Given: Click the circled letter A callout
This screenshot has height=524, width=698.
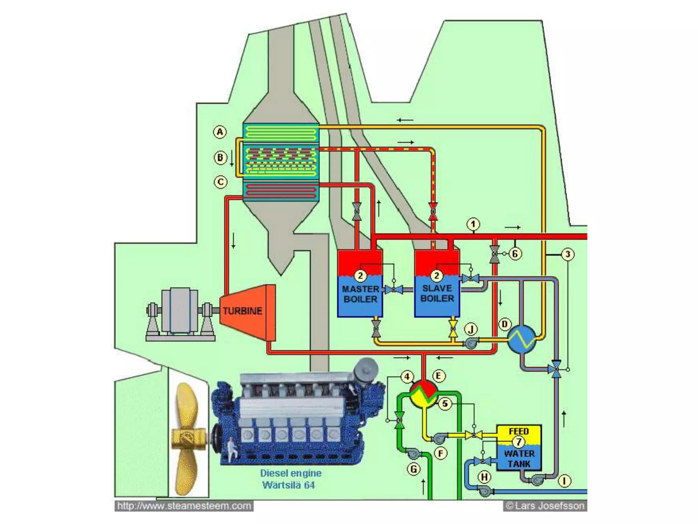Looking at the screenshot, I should tap(220, 132).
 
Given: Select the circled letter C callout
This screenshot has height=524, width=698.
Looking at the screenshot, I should tap(221, 182).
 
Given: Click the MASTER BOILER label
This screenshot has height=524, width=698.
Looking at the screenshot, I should tap(360, 294).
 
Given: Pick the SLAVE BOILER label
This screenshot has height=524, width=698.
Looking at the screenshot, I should tap(437, 293).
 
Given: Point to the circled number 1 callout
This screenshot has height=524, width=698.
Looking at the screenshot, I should tap(473, 224).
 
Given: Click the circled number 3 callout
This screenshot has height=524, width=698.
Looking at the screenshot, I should tap(568, 254).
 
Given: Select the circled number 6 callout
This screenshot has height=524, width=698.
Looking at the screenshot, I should tap(515, 254).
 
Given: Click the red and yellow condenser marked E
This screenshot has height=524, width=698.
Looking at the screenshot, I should tap(423, 394).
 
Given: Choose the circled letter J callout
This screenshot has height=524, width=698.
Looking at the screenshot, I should tap(471, 329).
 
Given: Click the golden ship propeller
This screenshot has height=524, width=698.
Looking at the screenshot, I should tap(187, 439).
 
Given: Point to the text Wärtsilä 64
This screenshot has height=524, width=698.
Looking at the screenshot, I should tap(288, 485).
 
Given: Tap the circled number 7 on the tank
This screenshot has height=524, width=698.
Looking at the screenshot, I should tap(518, 442).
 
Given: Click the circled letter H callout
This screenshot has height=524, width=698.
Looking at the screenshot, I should tap(484, 477).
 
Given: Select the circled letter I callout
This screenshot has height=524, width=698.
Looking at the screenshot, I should tap(564, 481).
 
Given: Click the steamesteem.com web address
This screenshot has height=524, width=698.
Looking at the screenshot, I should tap(184, 506).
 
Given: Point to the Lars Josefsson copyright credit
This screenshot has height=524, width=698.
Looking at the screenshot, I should tap(545, 506).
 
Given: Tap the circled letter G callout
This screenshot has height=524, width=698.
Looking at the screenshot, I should tap(414, 469).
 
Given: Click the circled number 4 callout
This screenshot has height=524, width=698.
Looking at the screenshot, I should tap(407, 377).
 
